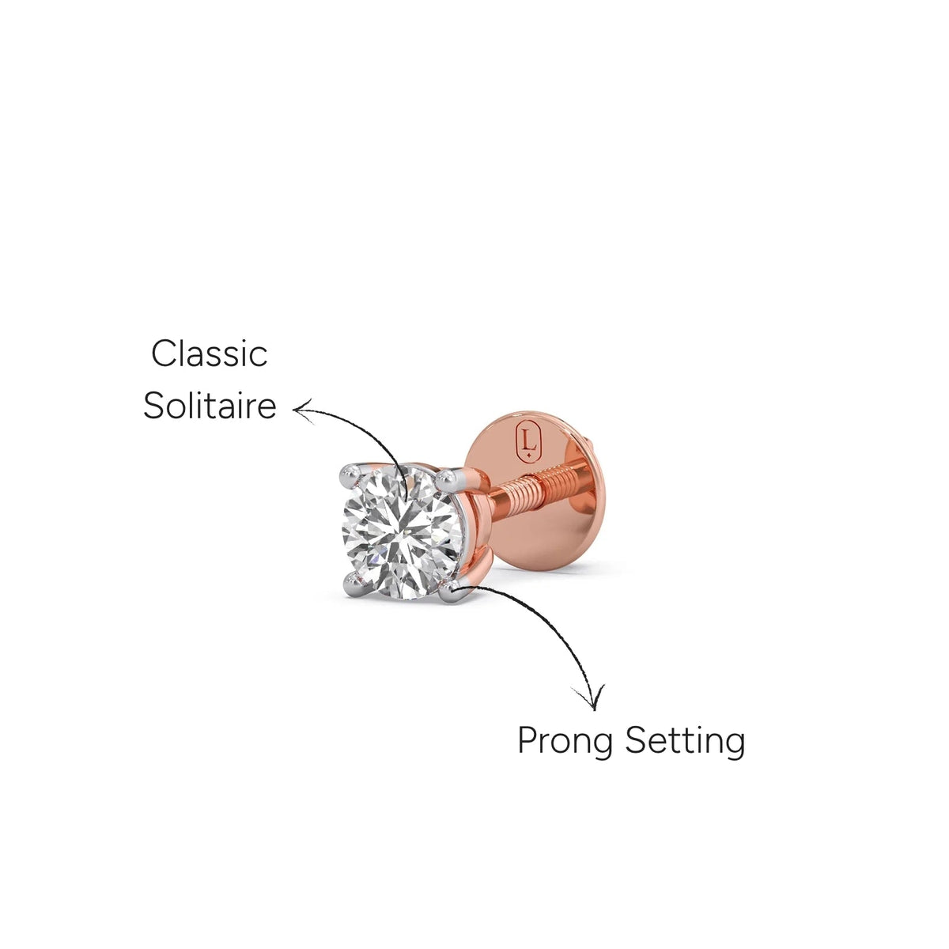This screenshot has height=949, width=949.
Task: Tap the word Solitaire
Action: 210,406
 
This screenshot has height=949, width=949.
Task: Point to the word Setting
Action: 685,740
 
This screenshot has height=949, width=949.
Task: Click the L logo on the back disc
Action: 529,440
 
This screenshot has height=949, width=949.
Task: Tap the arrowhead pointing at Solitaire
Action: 302,410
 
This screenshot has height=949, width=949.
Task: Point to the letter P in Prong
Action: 528,740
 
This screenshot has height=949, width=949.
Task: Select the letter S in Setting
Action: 637,739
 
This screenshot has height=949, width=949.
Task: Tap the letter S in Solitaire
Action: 155,406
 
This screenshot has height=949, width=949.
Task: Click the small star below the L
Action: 529,456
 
